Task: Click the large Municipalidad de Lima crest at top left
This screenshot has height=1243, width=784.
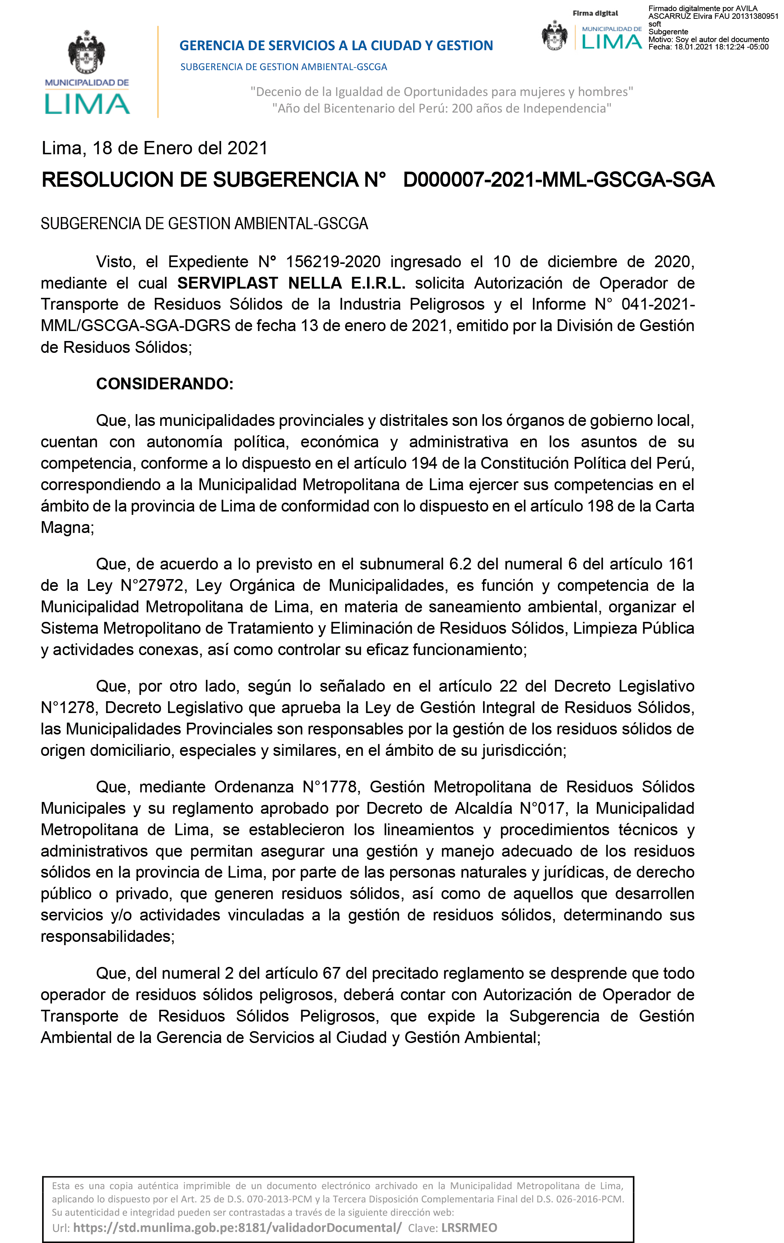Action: click(87, 53)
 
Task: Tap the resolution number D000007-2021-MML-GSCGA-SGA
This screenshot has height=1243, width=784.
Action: click(558, 180)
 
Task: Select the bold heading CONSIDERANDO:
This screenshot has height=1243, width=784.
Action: click(165, 383)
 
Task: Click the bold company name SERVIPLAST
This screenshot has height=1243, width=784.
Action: click(227, 283)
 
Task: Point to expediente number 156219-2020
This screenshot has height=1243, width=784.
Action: click(333, 262)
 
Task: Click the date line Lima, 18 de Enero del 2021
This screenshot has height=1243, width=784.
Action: click(154, 148)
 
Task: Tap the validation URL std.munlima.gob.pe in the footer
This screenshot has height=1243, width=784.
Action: click(237, 1227)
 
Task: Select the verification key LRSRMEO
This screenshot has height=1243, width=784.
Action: click(469, 1227)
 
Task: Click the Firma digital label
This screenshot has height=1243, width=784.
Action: click(595, 13)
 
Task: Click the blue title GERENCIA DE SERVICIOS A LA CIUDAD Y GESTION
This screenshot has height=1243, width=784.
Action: click(336, 45)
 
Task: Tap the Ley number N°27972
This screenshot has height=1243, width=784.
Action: click(153, 585)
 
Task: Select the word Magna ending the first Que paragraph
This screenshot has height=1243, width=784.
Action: click(66, 527)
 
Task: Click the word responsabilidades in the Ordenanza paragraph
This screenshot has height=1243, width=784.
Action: click(107, 936)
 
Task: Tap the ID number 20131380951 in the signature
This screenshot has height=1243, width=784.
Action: click(755, 16)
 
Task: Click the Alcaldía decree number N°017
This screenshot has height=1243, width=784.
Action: click(543, 808)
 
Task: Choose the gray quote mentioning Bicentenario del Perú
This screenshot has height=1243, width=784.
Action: click(442, 109)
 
